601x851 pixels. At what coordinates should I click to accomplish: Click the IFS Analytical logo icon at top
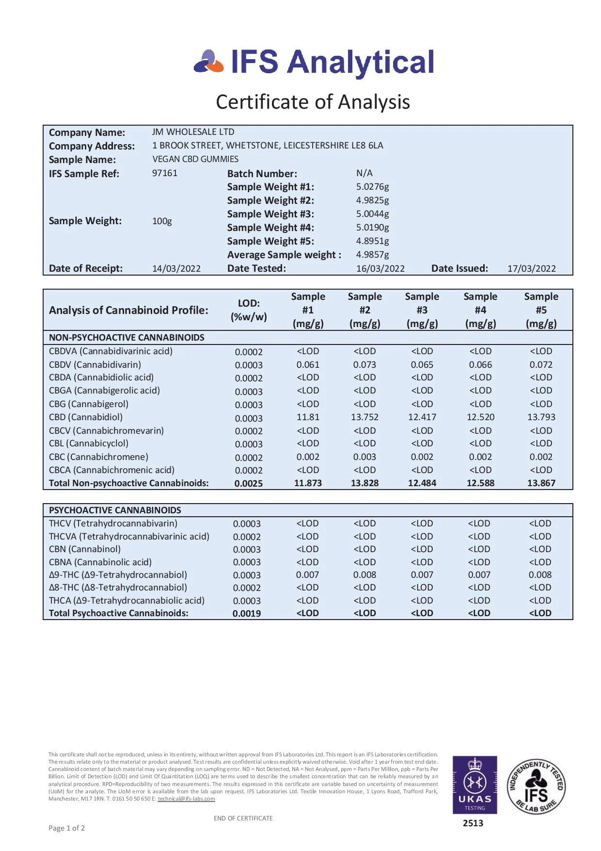[x=209, y=62]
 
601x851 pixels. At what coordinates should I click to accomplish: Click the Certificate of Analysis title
[x=313, y=102]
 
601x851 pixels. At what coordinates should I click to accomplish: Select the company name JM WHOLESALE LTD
[x=193, y=132]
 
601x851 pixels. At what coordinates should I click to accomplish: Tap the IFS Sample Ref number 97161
[x=165, y=173]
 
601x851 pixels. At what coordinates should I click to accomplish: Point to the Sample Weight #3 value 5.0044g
[x=372, y=214]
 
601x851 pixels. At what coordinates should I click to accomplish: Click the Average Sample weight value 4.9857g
[x=372, y=255]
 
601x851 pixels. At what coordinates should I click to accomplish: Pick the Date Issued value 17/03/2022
[x=531, y=269]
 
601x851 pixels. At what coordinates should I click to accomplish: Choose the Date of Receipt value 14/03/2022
[x=176, y=269]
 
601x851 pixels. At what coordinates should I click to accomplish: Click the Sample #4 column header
[x=480, y=310]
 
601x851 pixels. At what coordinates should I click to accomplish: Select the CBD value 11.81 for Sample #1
[x=308, y=417]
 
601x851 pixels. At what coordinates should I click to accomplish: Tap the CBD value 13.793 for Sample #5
[x=541, y=417]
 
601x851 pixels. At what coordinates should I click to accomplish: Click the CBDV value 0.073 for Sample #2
[x=364, y=365]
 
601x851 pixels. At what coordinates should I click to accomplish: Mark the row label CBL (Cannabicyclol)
[x=89, y=443]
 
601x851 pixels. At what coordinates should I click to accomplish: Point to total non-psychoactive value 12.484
[x=422, y=483]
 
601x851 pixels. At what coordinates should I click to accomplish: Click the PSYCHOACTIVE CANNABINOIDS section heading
[x=115, y=510]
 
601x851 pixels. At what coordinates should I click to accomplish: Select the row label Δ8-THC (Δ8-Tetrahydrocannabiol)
[x=118, y=588]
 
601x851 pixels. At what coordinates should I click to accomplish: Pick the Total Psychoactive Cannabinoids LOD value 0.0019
[x=247, y=614]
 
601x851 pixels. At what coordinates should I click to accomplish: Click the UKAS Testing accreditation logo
[x=474, y=785]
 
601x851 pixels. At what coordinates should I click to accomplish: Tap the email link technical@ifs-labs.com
[x=186, y=799]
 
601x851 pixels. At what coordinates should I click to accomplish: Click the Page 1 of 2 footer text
[x=67, y=828]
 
